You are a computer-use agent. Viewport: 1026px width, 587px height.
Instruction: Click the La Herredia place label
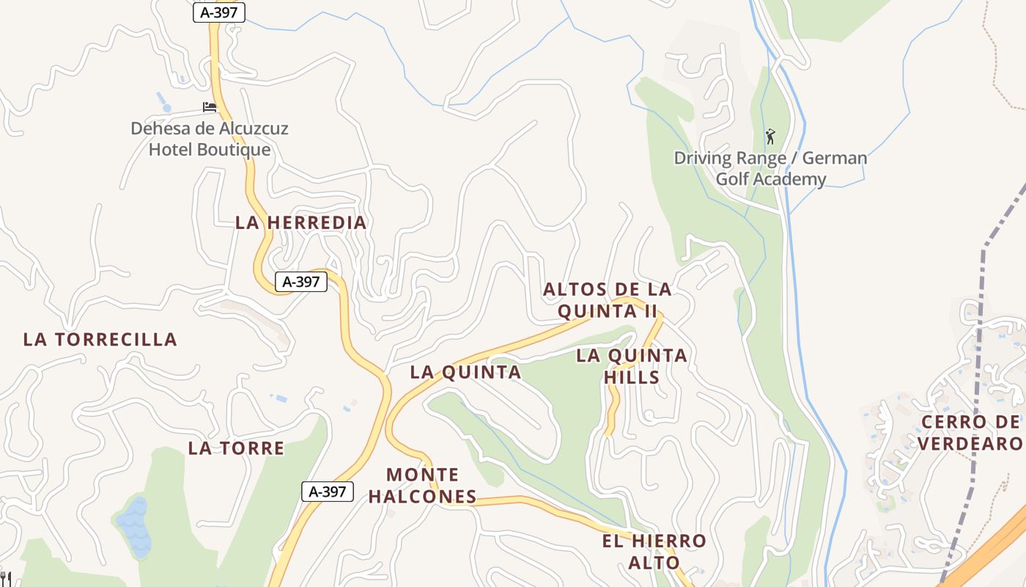[x=300, y=222]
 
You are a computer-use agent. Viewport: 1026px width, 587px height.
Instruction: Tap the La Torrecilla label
[x=100, y=339]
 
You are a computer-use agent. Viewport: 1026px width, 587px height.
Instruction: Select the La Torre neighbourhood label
[x=236, y=448]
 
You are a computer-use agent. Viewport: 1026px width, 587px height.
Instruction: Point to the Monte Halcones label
[x=422, y=486]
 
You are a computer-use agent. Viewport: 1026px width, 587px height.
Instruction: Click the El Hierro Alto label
[x=654, y=552]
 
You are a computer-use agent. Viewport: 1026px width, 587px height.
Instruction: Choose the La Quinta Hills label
[x=631, y=366]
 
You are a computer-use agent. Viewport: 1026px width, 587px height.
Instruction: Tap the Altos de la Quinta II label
[x=607, y=300]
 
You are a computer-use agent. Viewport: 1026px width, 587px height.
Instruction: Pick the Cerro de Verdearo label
[x=970, y=433]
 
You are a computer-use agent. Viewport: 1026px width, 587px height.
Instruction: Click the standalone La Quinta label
[x=465, y=372]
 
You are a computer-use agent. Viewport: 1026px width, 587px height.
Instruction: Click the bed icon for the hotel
[x=210, y=107]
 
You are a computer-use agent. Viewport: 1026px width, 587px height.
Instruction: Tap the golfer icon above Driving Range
[x=769, y=136]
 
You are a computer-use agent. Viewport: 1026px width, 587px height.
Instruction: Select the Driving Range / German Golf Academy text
[x=770, y=169]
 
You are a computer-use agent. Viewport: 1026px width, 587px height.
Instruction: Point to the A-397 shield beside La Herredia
[x=300, y=281]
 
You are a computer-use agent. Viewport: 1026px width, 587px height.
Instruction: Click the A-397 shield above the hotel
[x=219, y=12]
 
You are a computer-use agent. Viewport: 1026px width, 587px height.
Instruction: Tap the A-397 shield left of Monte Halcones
[x=328, y=492]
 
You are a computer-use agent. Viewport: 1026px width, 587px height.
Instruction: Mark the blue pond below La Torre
[x=136, y=526]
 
